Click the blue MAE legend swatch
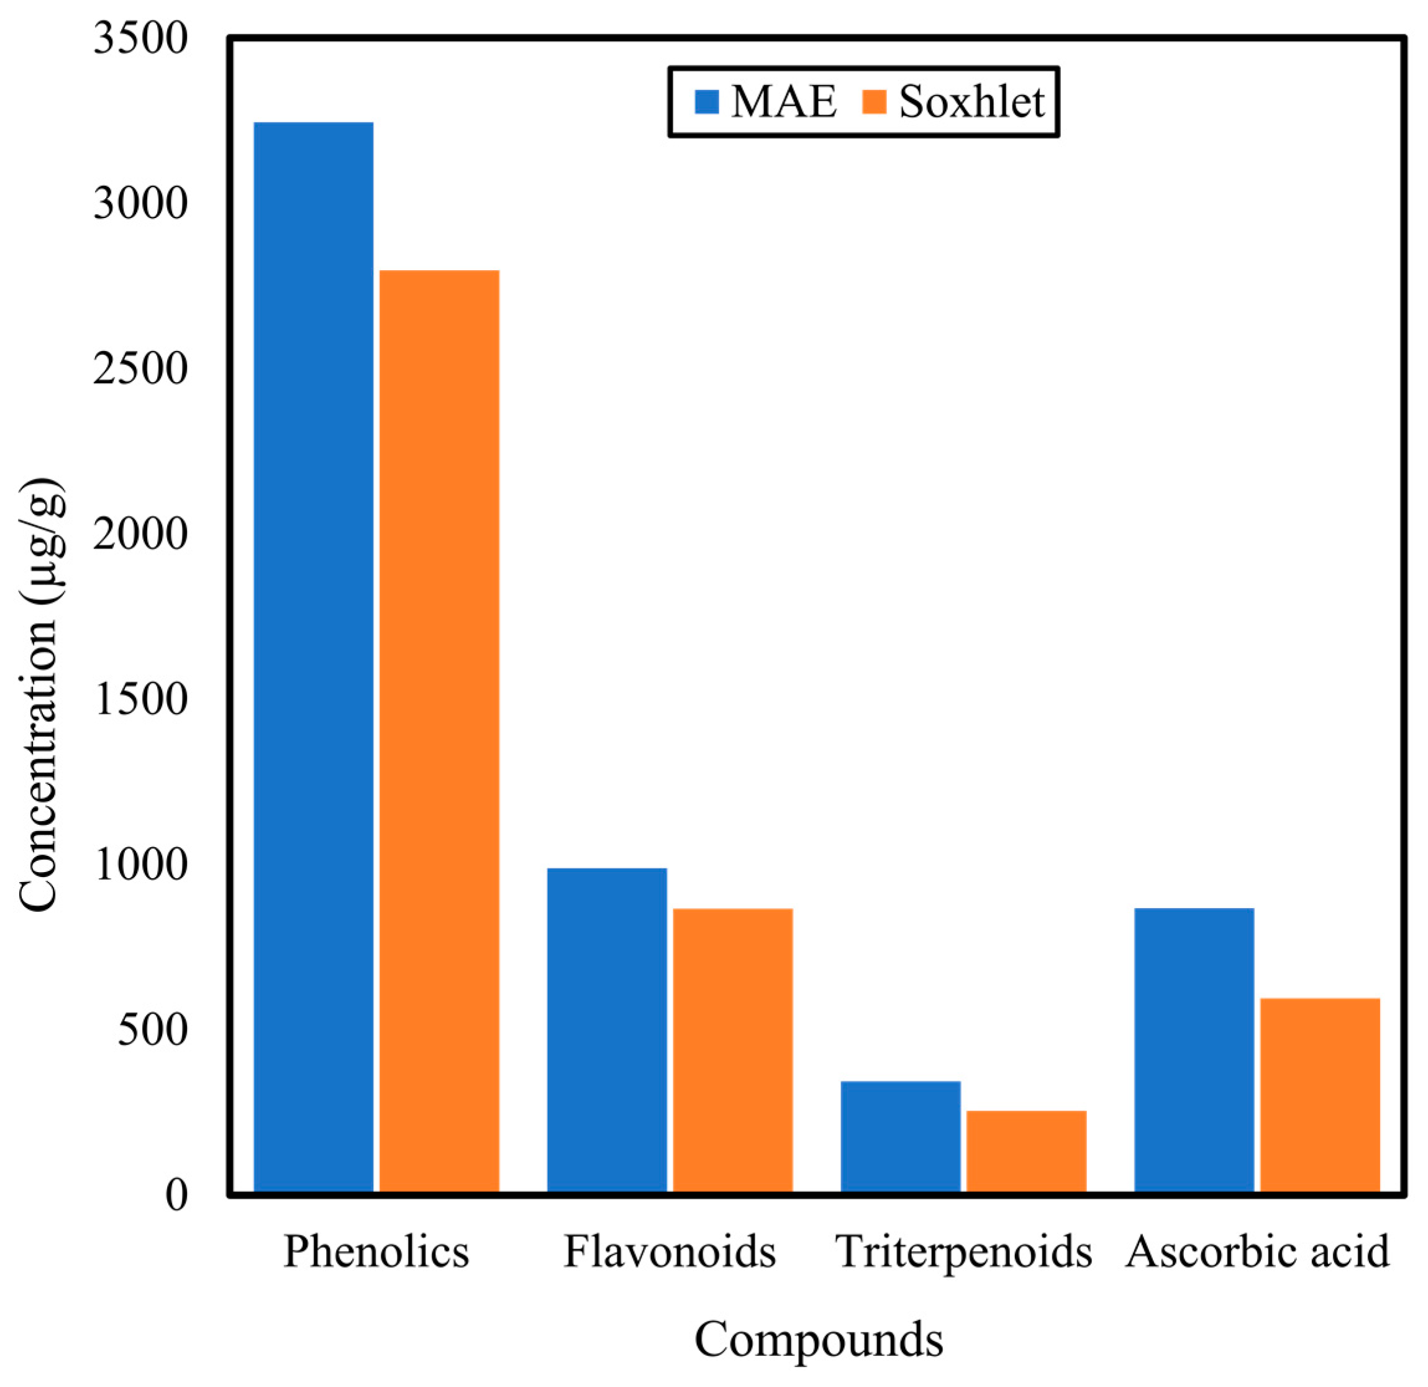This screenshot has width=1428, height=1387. [707, 102]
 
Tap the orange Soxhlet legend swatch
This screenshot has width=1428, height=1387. [875, 102]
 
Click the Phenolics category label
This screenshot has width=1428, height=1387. [376, 1252]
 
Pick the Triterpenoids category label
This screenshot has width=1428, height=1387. [963, 1252]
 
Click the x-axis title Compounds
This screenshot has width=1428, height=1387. [818, 1339]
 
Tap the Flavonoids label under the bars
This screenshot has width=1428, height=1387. [670, 1252]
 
